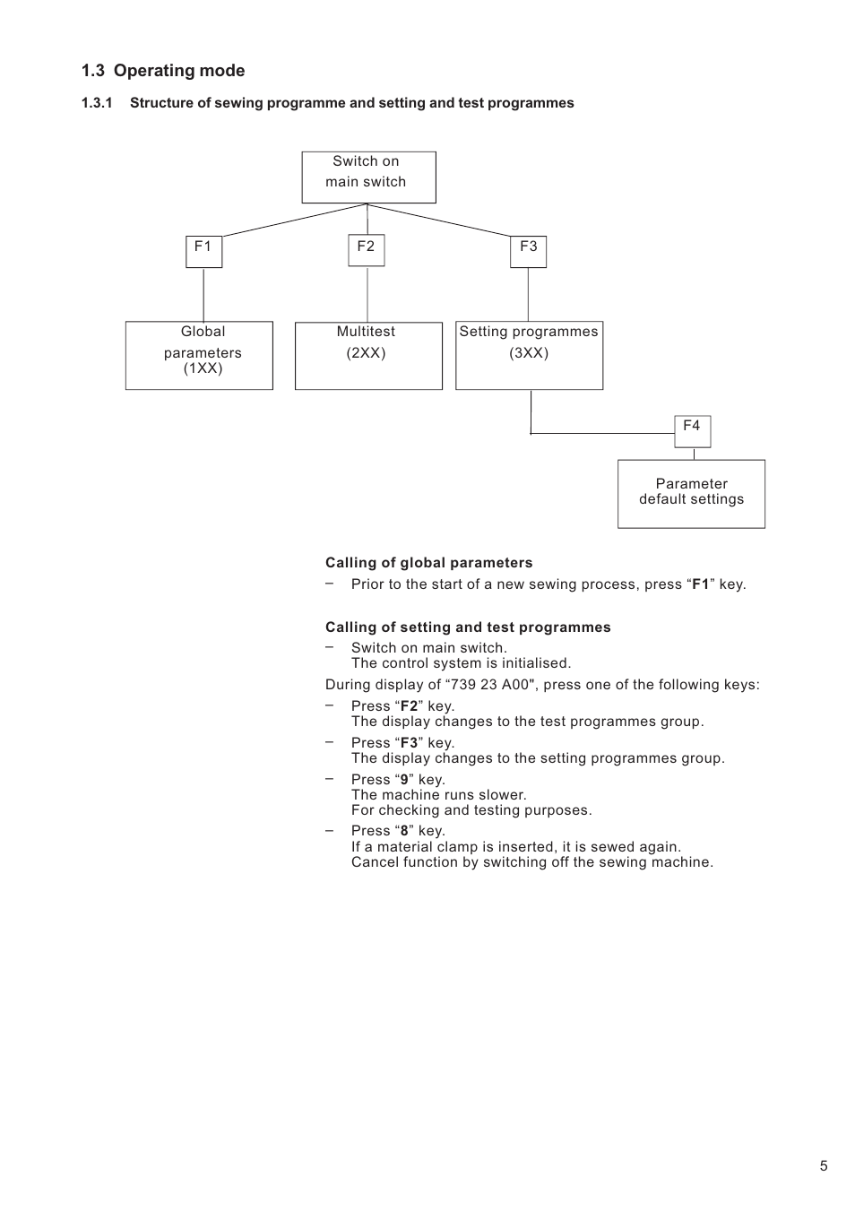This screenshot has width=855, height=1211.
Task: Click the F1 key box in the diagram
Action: click(203, 251)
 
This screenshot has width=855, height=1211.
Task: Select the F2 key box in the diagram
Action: click(367, 250)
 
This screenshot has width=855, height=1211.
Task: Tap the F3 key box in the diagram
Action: click(528, 251)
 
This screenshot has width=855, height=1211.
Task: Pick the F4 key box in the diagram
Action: click(692, 431)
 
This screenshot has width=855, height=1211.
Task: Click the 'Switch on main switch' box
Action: click(368, 177)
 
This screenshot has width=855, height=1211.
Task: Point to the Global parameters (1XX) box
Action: click(199, 355)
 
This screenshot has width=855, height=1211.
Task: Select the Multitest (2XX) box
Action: click(368, 356)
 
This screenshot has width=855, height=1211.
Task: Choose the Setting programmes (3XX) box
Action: click(529, 355)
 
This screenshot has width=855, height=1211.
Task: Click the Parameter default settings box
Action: click(691, 494)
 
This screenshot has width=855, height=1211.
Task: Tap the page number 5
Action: click(823, 1165)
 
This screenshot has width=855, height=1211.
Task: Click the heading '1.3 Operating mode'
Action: click(163, 70)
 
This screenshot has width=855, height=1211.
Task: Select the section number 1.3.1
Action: click(97, 103)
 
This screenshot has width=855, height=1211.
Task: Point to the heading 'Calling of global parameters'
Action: click(428, 563)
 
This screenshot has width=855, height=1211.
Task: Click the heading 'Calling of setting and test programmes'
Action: click(468, 627)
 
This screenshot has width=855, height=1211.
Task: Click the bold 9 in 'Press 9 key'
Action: click(404, 780)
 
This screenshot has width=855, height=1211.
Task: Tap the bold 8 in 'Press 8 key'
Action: click(404, 830)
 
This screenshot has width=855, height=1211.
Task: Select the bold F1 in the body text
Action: click(701, 584)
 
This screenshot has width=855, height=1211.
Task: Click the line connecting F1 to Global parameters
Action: click(203, 295)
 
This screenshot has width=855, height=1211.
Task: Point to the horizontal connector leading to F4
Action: click(602, 433)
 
